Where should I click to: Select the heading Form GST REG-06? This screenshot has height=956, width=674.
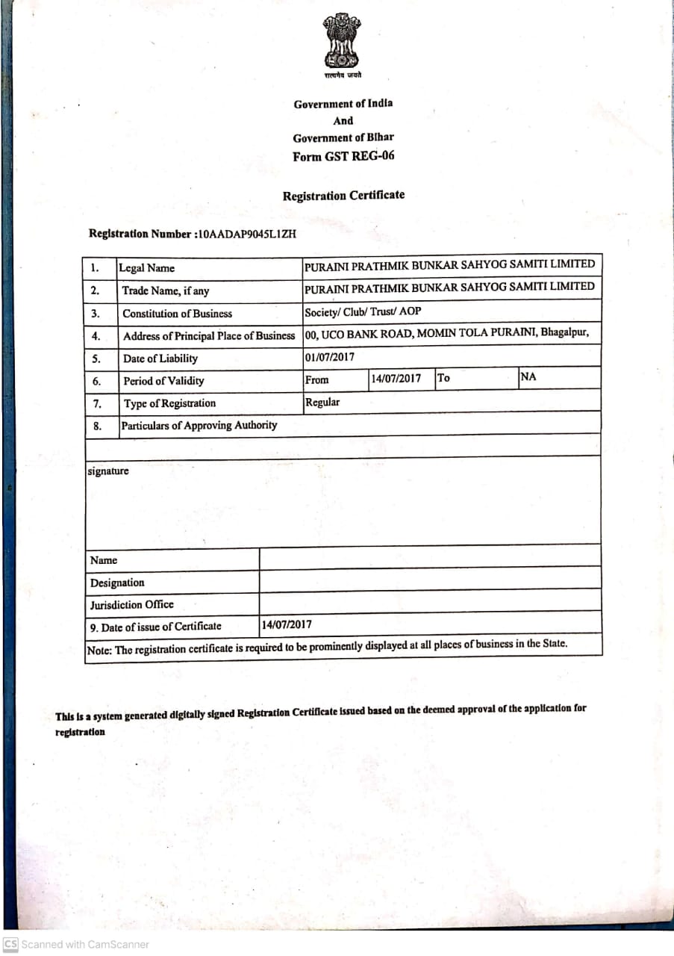pyautogui.click(x=343, y=156)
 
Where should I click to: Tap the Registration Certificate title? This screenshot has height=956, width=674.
pyautogui.click(x=343, y=196)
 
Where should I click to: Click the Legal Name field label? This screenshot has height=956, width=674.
pyautogui.click(x=146, y=268)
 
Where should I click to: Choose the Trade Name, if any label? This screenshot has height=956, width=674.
pyautogui.click(x=166, y=291)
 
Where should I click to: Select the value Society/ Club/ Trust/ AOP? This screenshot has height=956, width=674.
pyautogui.click(x=363, y=311)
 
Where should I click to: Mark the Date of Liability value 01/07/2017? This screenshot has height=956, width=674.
pyautogui.click(x=330, y=356)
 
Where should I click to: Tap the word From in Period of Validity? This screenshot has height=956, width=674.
pyautogui.click(x=317, y=379)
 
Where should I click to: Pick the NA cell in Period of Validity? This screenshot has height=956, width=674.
pyautogui.click(x=528, y=376)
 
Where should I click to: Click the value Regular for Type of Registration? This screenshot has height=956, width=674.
pyautogui.click(x=322, y=402)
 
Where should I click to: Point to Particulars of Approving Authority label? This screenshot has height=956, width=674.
pyautogui.click(x=199, y=425)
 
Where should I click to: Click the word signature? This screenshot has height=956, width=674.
pyautogui.click(x=108, y=471)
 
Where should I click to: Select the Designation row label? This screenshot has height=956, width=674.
pyautogui.click(x=117, y=583)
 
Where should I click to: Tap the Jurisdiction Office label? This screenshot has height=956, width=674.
pyautogui.click(x=132, y=604)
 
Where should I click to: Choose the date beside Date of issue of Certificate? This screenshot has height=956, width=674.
pyautogui.click(x=287, y=624)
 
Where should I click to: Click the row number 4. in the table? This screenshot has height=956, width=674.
pyautogui.click(x=96, y=336)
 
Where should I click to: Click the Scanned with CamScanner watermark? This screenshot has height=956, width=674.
pyautogui.click(x=77, y=944)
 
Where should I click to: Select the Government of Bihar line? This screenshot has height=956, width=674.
pyautogui.click(x=343, y=137)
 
